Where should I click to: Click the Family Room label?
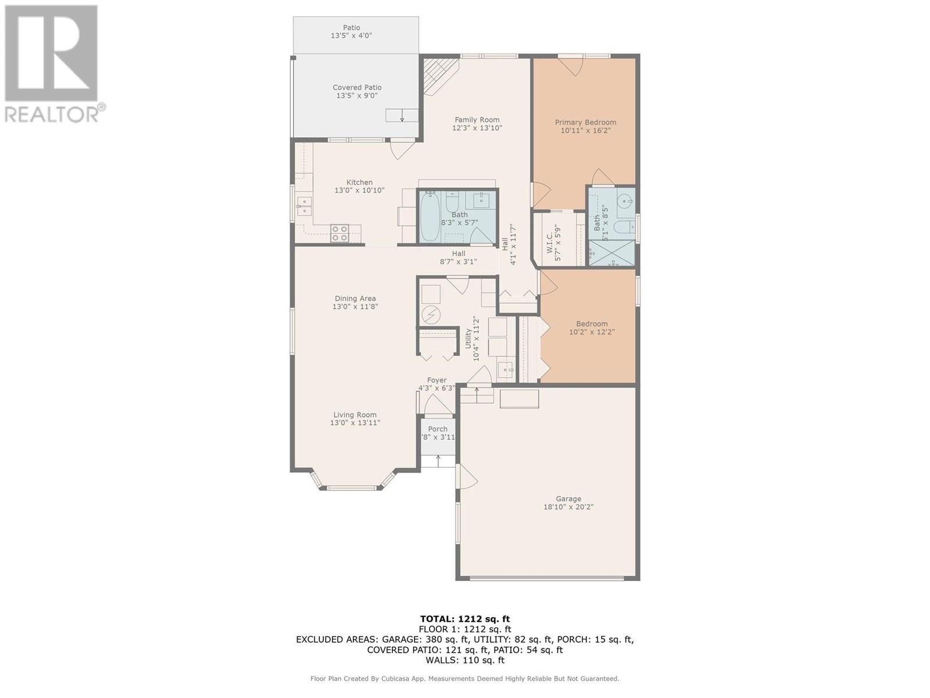coord(477,120)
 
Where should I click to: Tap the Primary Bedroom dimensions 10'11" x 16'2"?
coord(585,130)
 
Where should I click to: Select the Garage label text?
coord(568,499)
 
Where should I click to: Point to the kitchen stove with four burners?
coord(339,233)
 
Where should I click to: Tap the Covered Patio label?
coord(357,88)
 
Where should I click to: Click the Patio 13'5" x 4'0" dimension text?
coord(351,36)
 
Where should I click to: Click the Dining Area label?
coord(355,298)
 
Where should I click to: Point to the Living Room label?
coord(355,415)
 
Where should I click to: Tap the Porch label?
coord(438,429)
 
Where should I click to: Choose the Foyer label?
coord(437,380)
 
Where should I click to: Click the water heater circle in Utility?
coord(431,315)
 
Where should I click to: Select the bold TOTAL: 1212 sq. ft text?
coord(465,619)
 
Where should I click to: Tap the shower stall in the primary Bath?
coord(612,254)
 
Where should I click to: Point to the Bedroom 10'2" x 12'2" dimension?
coord(592,332)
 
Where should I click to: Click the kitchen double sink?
coord(304,206)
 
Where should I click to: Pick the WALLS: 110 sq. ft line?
coord(465,660)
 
